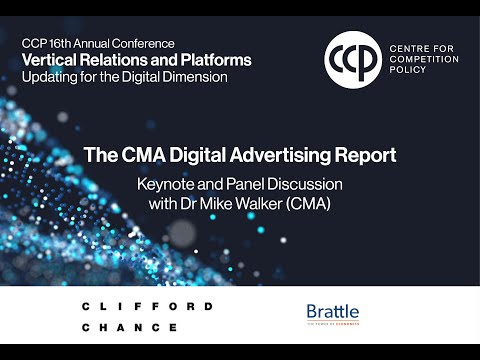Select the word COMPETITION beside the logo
[x=425, y=60]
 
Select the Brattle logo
[x=332, y=315]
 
